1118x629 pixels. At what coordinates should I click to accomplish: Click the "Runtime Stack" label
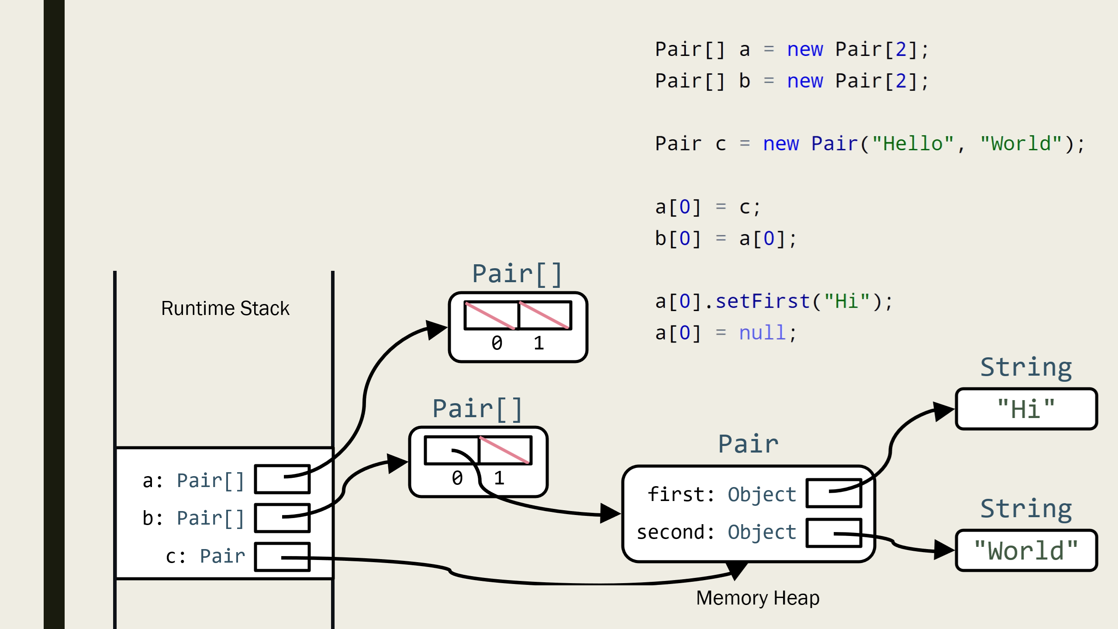pyautogui.click(x=225, y=308)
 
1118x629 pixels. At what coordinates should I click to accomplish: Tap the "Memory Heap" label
pyautogui.click(x=758, y=598)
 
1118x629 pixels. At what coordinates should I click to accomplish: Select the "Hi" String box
pyautogui.click(x=1026, y=409)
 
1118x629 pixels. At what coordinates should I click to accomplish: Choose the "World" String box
pyautogui.click(x=1026, y=551)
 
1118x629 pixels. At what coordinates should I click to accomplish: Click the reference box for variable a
pyautogui.click(x=282, y=479)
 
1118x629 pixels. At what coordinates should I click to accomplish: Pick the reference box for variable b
pyautogui.click(x=282, y=518)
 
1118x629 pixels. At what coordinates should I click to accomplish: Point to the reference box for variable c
pyautogui.click(x=282, y=557)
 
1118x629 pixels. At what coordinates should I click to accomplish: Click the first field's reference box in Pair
pyautogui.click(x=834, y=494)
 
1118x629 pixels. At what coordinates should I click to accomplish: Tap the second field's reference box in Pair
pyautogui.click(x=834, y=533)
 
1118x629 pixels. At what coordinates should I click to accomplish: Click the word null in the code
pyautogui.click(x=763, y=333)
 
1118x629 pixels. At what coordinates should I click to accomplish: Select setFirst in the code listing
pyautogui.click(x=763, y=301)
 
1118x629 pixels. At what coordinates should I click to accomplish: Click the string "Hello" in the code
pyautogui.click(x=913, y=144)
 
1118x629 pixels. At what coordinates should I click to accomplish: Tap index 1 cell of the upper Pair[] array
pyautogui.click(x=545, y=315)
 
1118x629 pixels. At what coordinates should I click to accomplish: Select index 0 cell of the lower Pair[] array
pyautogui.click(x=452, y=450)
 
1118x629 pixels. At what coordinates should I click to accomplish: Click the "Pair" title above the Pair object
pyautogui.click(x=748, y=444)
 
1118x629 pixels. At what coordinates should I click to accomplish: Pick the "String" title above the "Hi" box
pyautogui.click(x=1026, y=367)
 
